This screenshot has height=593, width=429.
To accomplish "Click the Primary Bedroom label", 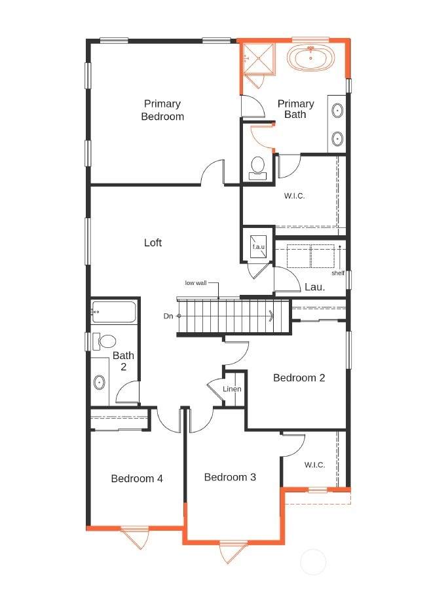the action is (162, 109).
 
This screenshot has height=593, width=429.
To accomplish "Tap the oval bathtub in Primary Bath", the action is (310, 58).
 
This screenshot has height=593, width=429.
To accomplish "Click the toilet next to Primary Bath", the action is (258, 168).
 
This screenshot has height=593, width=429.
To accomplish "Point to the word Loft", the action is (153, 242).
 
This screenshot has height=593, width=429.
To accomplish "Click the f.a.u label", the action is (259, 247).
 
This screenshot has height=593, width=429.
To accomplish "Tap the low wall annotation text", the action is (195, 283).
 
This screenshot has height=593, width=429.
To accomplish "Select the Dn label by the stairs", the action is (168, 316).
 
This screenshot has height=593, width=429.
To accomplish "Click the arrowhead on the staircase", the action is (271, 315).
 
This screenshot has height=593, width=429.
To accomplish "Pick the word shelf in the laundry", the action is (338, 273).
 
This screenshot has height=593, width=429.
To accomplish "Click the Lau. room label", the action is (314, 287).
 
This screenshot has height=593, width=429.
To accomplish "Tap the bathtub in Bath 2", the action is (113, 312).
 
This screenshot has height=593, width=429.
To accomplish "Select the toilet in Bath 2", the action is (104, 342).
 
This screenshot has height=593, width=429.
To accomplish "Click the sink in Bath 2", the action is (100, 383).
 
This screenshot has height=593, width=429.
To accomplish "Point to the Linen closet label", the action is (232, 389).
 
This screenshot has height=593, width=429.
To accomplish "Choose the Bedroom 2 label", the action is (299, 378).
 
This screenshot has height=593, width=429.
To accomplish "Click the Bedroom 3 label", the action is (230, 477).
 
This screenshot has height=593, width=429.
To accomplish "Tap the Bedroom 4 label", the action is (137, 479).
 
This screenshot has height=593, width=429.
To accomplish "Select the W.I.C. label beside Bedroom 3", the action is (314, 465).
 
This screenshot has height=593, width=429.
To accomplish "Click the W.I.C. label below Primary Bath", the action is (294, 196).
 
